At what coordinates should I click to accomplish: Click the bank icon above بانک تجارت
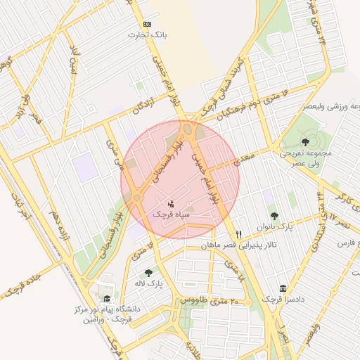[147, 23]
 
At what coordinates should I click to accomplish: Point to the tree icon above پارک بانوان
[274, 216]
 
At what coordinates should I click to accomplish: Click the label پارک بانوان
[274, 227]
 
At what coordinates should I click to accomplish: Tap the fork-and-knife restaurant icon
[239, 234]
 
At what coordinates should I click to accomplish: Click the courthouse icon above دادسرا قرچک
[283, 288]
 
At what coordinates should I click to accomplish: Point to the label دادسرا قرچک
[283, 300]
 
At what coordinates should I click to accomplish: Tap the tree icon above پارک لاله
[148, 274]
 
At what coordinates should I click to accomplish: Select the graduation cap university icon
[106, 298]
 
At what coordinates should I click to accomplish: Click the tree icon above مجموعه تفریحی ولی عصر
[304, 142]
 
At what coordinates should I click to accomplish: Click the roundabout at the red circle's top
[188, 129]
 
